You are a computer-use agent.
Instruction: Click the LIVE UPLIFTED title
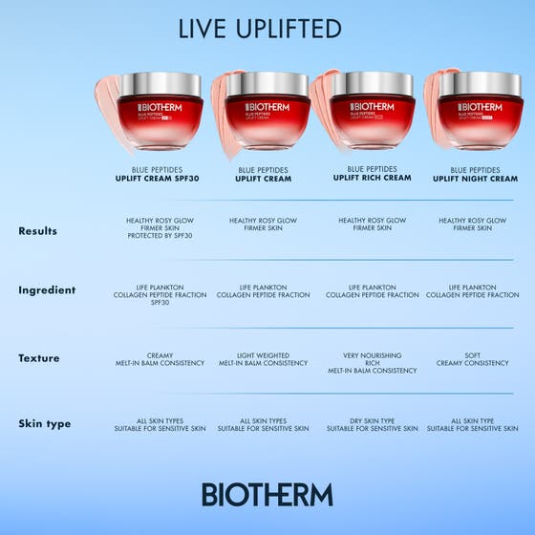(260, 29)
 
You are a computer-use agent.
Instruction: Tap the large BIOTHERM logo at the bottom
(267, 494)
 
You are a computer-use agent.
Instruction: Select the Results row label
(37, 231)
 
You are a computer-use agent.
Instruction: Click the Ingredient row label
(47, 290)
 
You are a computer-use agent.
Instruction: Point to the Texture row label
(38, 358)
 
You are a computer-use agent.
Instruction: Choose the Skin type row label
(44, 423)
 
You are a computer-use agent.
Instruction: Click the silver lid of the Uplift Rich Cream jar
(373, 84)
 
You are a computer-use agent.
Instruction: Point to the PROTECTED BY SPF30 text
(159, 236)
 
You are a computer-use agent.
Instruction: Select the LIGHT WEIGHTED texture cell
(263, 355)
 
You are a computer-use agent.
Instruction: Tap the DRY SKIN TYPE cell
(373, 421)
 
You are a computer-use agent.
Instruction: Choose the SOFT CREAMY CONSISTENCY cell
(473, 359)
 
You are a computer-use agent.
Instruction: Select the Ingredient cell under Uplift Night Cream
(473, 291)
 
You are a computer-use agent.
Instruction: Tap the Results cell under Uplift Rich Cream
(373, 225)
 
